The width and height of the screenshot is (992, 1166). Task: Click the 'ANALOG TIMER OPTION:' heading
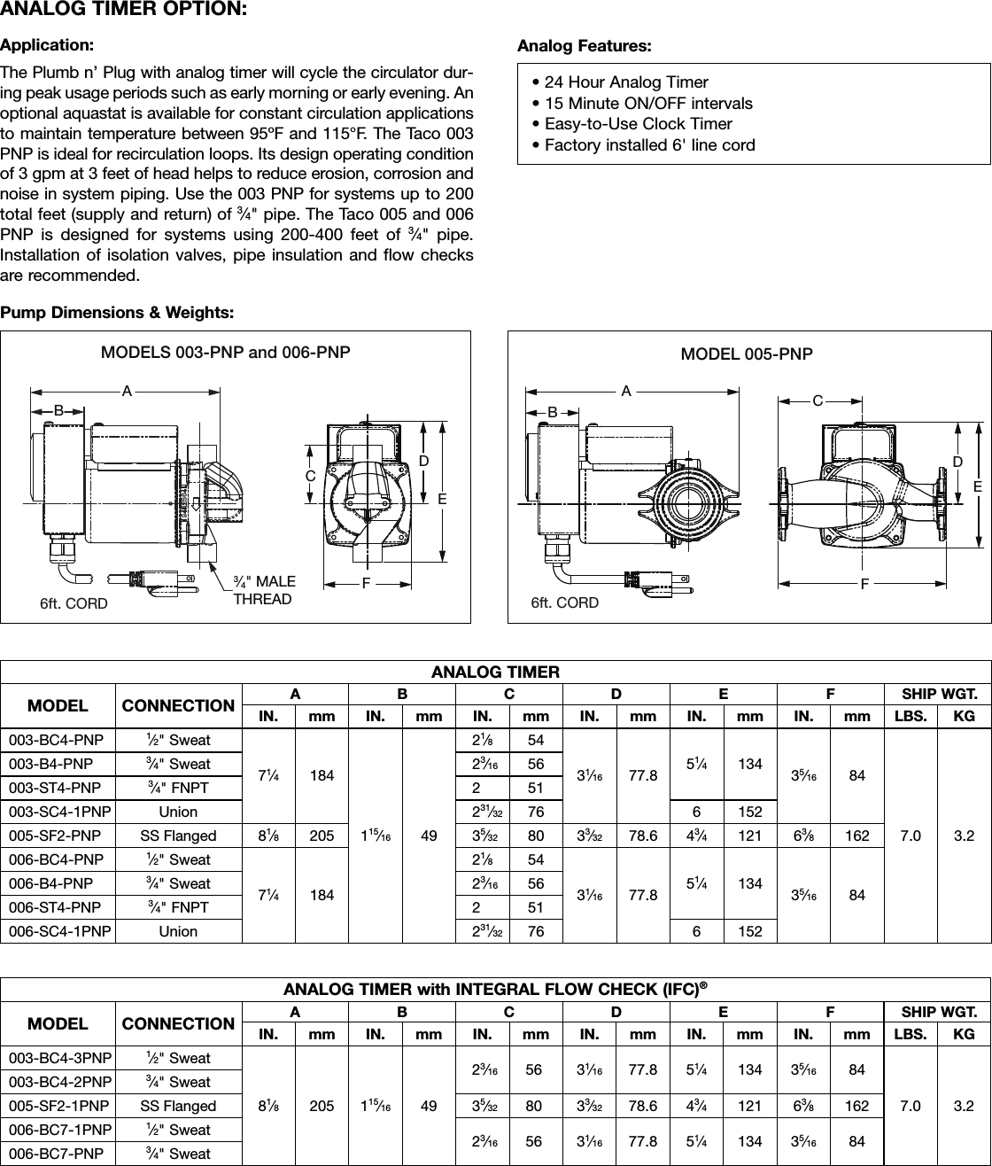click(x=123, y=10)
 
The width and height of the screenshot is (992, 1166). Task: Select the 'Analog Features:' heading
click(x=584, y=44)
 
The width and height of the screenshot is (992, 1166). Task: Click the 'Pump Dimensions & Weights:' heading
click(x=117, y=313)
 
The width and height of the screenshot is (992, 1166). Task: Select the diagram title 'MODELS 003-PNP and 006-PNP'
click(x=226, y=352)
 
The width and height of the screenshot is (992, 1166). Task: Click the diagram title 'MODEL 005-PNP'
click(x=746, y=354)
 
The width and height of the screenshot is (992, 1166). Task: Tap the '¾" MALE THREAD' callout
click(x=263, y=590)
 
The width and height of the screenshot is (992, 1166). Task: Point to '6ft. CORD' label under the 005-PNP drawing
click(x=564, y=603)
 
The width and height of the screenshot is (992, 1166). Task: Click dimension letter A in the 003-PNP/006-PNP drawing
click(x=127, y=390)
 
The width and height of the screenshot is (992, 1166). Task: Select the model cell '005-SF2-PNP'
click(x=57, y=836)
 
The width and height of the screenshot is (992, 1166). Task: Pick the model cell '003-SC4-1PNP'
click(x=57, y=812)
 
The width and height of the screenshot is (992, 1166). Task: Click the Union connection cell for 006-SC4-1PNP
click(x=178, y=931)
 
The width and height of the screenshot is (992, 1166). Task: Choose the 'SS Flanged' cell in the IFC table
click(x=178, y=1106)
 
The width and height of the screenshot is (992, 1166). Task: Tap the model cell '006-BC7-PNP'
click(x=57, y=1154)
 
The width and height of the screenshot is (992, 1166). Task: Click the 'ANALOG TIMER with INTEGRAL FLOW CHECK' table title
click(x=494, y=989)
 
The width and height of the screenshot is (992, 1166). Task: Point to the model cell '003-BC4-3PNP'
click(x=57, y=1058)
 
